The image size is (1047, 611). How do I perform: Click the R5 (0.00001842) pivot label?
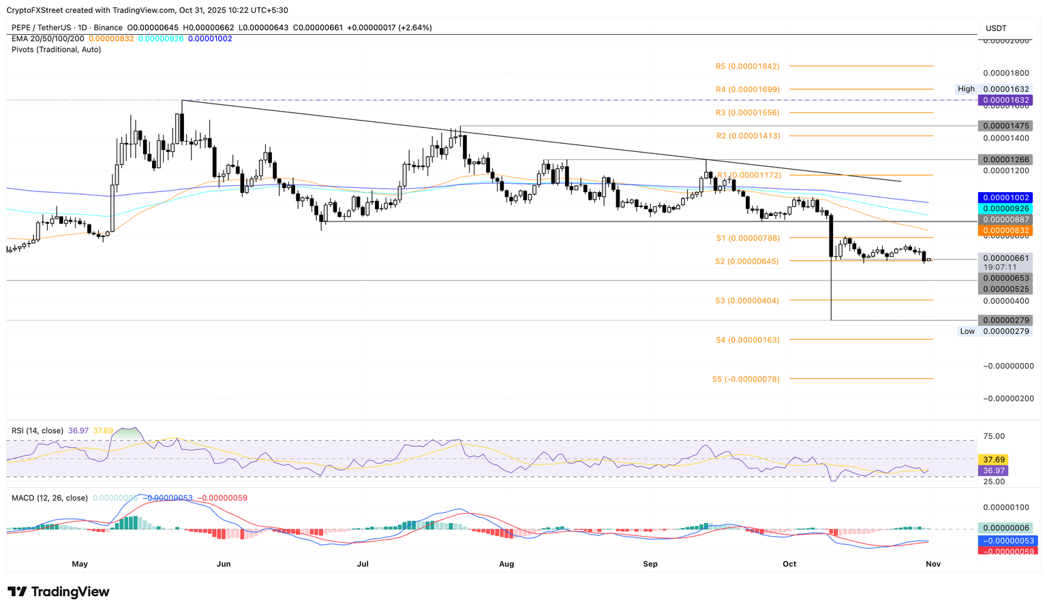[x=747, y=66]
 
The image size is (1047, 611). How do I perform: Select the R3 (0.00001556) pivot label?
[x=747, y=112]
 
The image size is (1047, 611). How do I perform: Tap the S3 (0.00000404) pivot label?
[x=746, y=300]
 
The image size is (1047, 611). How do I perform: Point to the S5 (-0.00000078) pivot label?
[x=745, y=379]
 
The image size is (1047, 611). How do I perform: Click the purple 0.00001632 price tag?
[x=1004, y=100]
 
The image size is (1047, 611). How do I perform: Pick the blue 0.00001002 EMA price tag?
[x=1004, y=198]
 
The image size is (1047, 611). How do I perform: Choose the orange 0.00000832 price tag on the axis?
[x=1004, y=231]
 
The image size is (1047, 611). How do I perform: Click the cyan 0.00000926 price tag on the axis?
[x=1004, y=208]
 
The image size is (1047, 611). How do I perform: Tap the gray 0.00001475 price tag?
[x=1004, y=126]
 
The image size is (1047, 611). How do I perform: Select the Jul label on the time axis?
[x=363, y=564]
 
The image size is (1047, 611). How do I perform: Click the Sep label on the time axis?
[x=650, y=564]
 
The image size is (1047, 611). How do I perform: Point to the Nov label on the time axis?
[x=933, y=564]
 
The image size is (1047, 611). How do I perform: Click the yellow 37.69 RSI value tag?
[x=992, y=460]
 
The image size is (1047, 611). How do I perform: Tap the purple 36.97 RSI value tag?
[x=992, y=471]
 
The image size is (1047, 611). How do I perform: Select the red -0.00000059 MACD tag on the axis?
[x=1007, y=551]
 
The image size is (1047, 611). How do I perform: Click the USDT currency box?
[x=996, y=28]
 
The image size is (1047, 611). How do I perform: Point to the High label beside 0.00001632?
[x=966, y=89]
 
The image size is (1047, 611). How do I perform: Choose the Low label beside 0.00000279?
[x=967, y=331]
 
